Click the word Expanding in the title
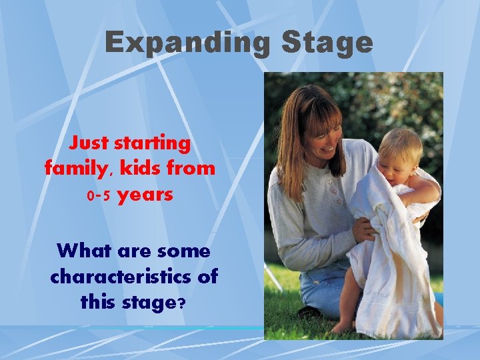point(187,43)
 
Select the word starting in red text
point(152,143)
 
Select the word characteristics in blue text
point(134,277)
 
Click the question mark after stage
point(181,302)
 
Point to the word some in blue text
point(185,251)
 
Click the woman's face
point(319,127)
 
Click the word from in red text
point(192,169)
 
